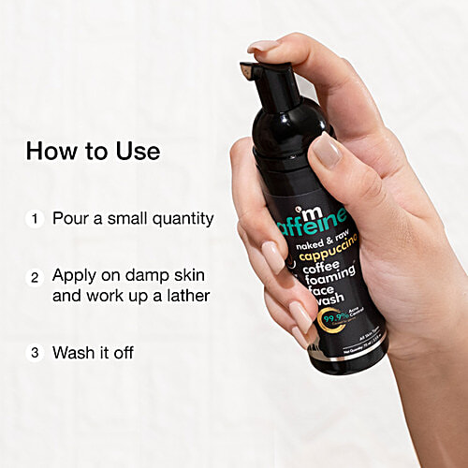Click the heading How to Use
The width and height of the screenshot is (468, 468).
(x=94, y=151)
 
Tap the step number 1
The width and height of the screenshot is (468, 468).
(x=36, y=219)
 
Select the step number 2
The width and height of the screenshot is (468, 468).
(x=36, y=277)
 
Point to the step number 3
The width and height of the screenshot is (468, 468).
(x=36, y=354)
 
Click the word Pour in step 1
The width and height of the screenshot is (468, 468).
(x=70, y=219)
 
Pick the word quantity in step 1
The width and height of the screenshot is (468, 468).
(x=181, y=220)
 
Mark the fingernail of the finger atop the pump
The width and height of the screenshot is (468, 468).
(x=264, y=45)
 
